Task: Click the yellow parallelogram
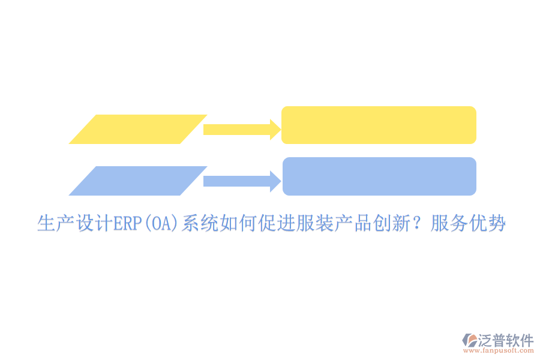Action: coord(137,129)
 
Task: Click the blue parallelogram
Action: coord(137,181)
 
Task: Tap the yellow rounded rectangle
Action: coord(379,125)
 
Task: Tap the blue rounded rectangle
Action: coord(379,176)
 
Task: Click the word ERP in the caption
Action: coord(127,224)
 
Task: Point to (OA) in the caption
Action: coord(160,224)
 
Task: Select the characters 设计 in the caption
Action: coord(94,224)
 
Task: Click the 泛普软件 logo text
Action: coord(506,340)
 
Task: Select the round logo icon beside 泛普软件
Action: coord(469,341)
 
